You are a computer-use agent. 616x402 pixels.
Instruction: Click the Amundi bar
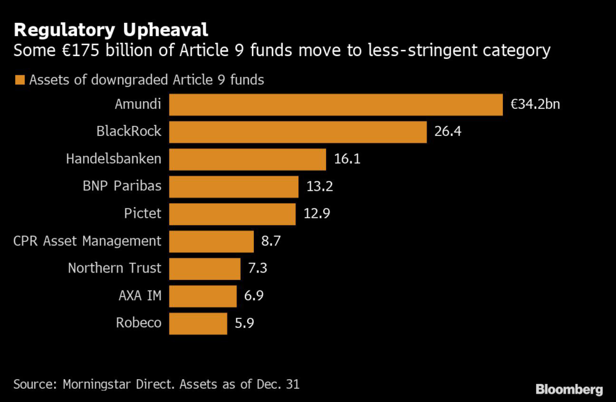coord(336,104)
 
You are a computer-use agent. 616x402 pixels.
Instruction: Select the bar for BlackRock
coord(298,131)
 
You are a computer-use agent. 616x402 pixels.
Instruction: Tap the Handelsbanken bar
coord(247,159)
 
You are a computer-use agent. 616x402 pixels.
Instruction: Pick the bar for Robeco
coord(198,323)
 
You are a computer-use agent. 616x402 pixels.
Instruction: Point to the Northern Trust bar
coord(205,268)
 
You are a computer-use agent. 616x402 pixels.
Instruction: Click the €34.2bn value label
coord(535,104)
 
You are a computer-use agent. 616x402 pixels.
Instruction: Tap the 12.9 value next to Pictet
coord(317,214)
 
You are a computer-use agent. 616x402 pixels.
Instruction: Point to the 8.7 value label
coord(271,241)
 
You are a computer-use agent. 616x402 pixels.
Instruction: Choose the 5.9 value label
coord(245,323)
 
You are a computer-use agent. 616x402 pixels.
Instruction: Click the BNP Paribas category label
coord(122,186)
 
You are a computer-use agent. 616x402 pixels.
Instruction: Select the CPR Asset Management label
coord(87,241)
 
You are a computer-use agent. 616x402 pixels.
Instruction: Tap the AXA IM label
coord(140,295)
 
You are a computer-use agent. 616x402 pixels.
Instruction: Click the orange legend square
coord(20,80)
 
